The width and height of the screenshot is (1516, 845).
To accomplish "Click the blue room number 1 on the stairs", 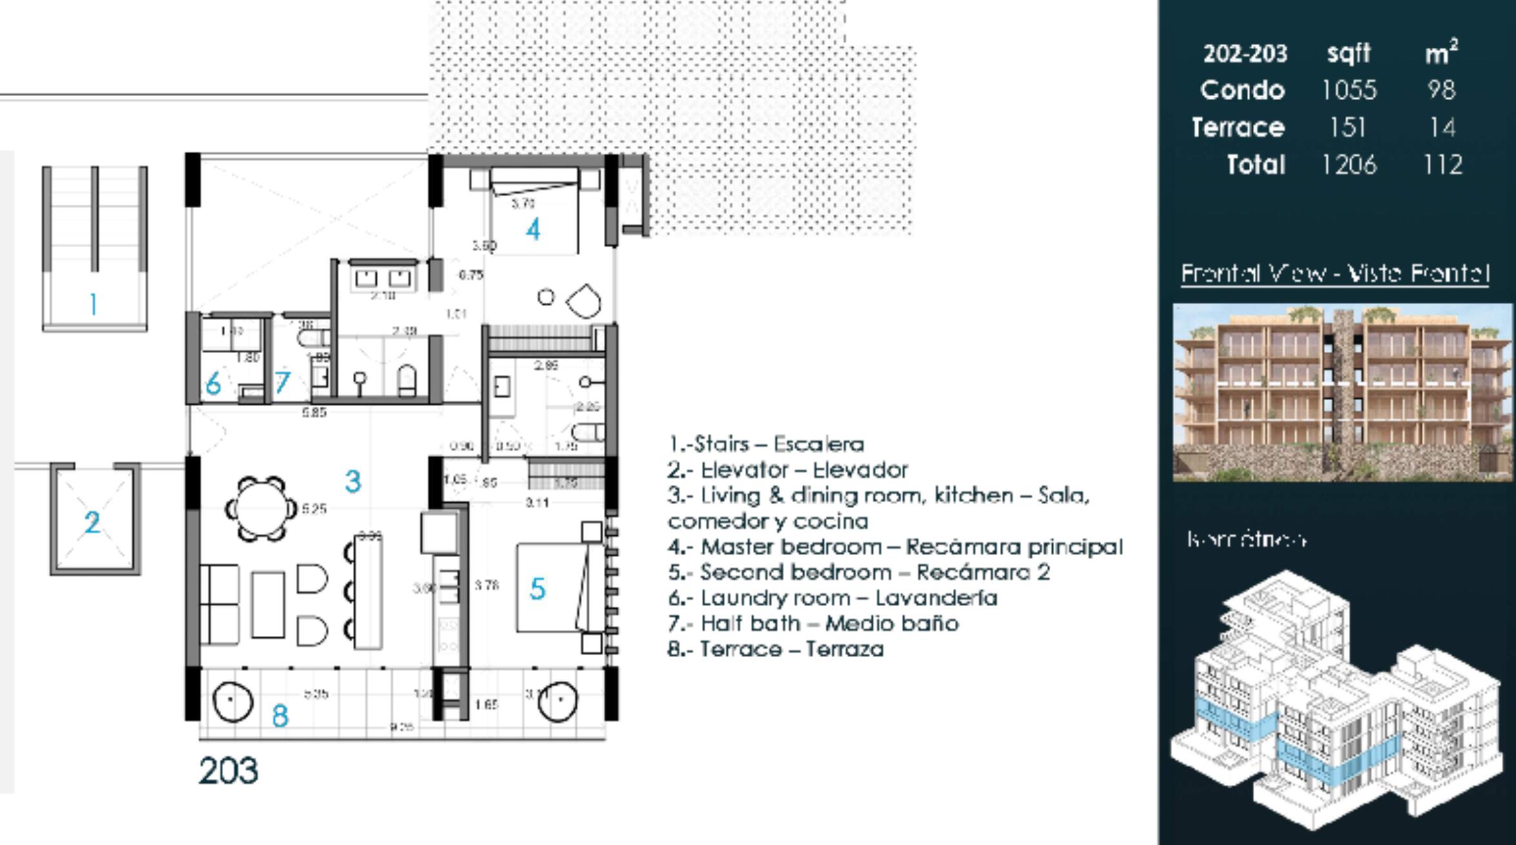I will click(x=94, y=303).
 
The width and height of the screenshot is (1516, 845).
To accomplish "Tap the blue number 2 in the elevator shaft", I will click(x=92, y=522).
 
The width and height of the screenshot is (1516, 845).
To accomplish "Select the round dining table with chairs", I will click(x=261, y=509).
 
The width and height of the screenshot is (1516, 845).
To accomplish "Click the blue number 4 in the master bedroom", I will click(x=533, y=229).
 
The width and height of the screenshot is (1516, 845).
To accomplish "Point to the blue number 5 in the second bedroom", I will click(x=537, y=588).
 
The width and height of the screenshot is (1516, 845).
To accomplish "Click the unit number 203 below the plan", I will click(x=228, y=771).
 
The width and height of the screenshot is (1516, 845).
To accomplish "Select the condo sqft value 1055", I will click(x=1349, y=90).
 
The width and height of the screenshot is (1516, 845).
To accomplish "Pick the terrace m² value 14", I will click(x=1442, y=127).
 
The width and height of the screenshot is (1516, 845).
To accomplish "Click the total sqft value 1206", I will click(x=1349, y=165).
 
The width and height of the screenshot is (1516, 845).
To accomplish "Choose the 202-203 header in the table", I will click(x=1244, y=54).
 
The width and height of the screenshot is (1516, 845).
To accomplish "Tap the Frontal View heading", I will click(x=1335, y=274).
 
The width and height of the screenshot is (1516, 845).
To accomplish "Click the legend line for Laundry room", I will click(x=832, y=598).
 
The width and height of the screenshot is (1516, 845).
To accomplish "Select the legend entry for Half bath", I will click(x=813, y=624).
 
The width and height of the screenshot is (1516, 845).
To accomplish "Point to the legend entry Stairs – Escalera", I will click(x=766, y=444).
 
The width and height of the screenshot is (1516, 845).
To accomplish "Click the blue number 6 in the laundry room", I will click(x=213, y=383).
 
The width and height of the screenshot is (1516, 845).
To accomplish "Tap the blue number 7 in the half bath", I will click(x=283, y=383).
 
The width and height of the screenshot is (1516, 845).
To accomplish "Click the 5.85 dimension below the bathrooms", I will click(x=314, y=412).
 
